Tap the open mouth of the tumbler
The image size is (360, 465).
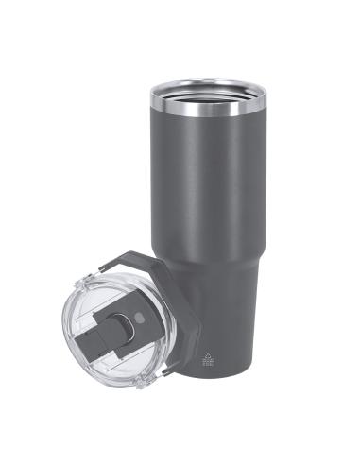click(208, 89)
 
